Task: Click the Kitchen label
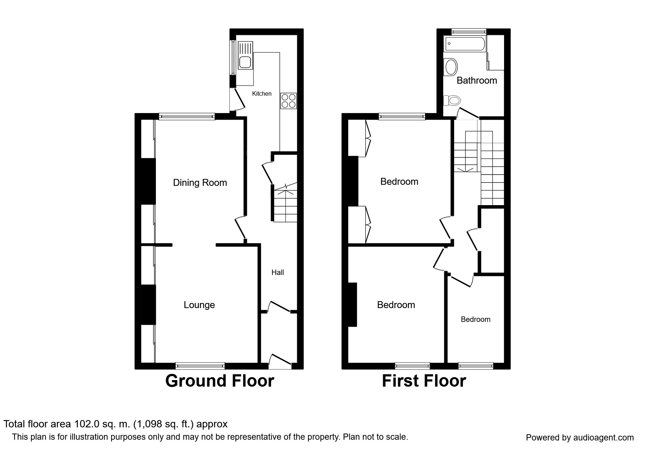261,94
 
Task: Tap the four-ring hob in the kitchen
288,101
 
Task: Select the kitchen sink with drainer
245,56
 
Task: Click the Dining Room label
200,183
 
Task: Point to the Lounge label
199,305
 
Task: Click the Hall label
278,272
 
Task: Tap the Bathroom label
476,80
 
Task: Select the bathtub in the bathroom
465,44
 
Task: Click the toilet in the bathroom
452,100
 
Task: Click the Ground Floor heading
219,381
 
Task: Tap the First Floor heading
424,381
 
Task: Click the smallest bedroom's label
475,319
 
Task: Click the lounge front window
200,366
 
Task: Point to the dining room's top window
186,117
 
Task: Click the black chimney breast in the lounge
148,304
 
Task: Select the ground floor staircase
285,205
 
